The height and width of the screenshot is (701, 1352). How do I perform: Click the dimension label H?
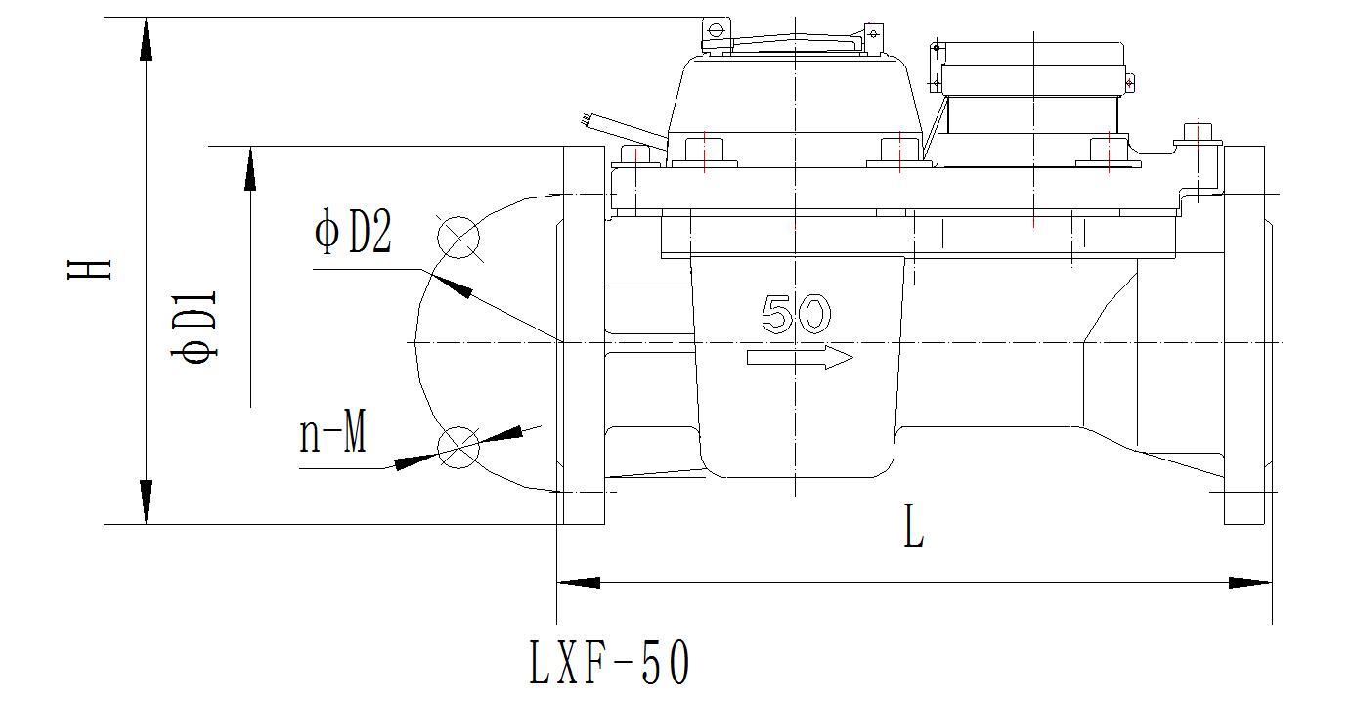tap(89, 269)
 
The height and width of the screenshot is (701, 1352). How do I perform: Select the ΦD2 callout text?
tap(353, 231)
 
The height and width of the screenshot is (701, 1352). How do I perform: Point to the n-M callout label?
tap(333, 432)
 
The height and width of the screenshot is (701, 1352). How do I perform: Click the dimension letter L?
tap(913, 526)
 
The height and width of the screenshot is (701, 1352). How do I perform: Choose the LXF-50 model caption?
tap(609, 662)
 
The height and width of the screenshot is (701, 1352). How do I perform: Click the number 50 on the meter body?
tap(796, 314)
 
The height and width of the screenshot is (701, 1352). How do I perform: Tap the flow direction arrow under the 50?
tap(800, 358)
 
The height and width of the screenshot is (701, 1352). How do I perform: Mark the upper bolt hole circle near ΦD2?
tap(458, 238)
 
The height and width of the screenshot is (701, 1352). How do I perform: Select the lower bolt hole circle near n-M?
tap(458, 447)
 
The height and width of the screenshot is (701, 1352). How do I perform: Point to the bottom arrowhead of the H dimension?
tap(146, 503)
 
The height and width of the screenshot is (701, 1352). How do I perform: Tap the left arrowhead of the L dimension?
tap(578, 583)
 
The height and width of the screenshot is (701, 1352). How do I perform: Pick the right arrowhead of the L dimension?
tap(1250, 583)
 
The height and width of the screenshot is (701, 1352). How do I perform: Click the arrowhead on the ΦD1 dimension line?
tap(250, 168)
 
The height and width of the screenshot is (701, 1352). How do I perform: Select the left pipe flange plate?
tap(584, 335)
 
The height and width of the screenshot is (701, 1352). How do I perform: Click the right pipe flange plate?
tap(1243, 335)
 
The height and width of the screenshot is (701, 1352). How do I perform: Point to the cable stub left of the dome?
tap(623, 129)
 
